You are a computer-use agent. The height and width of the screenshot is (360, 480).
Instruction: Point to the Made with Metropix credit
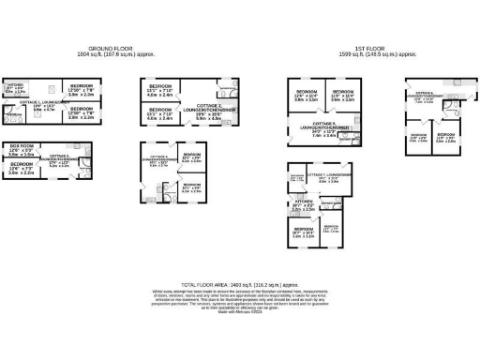[239, 311]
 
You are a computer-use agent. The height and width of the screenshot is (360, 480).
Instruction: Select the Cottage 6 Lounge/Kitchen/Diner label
[425, 96]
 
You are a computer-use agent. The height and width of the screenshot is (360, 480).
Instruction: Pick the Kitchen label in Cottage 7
[303, 203]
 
